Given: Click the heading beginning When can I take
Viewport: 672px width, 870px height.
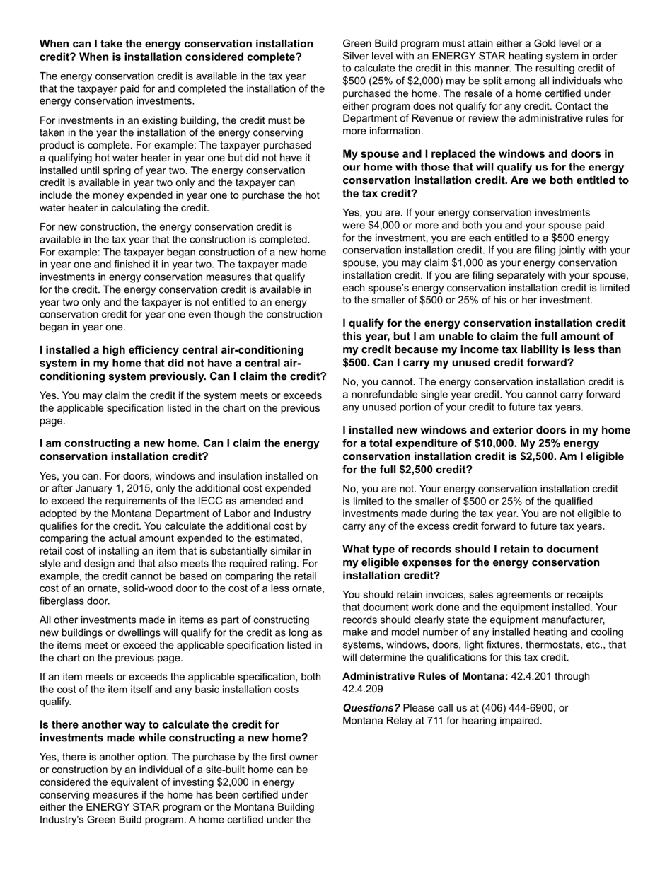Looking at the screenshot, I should tap(176, 50).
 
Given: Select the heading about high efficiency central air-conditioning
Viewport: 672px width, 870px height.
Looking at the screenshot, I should tap(183, 363).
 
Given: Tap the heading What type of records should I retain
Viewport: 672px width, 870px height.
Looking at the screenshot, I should tap(471, 562).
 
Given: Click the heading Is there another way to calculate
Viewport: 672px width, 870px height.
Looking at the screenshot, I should tap(173, 731).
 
